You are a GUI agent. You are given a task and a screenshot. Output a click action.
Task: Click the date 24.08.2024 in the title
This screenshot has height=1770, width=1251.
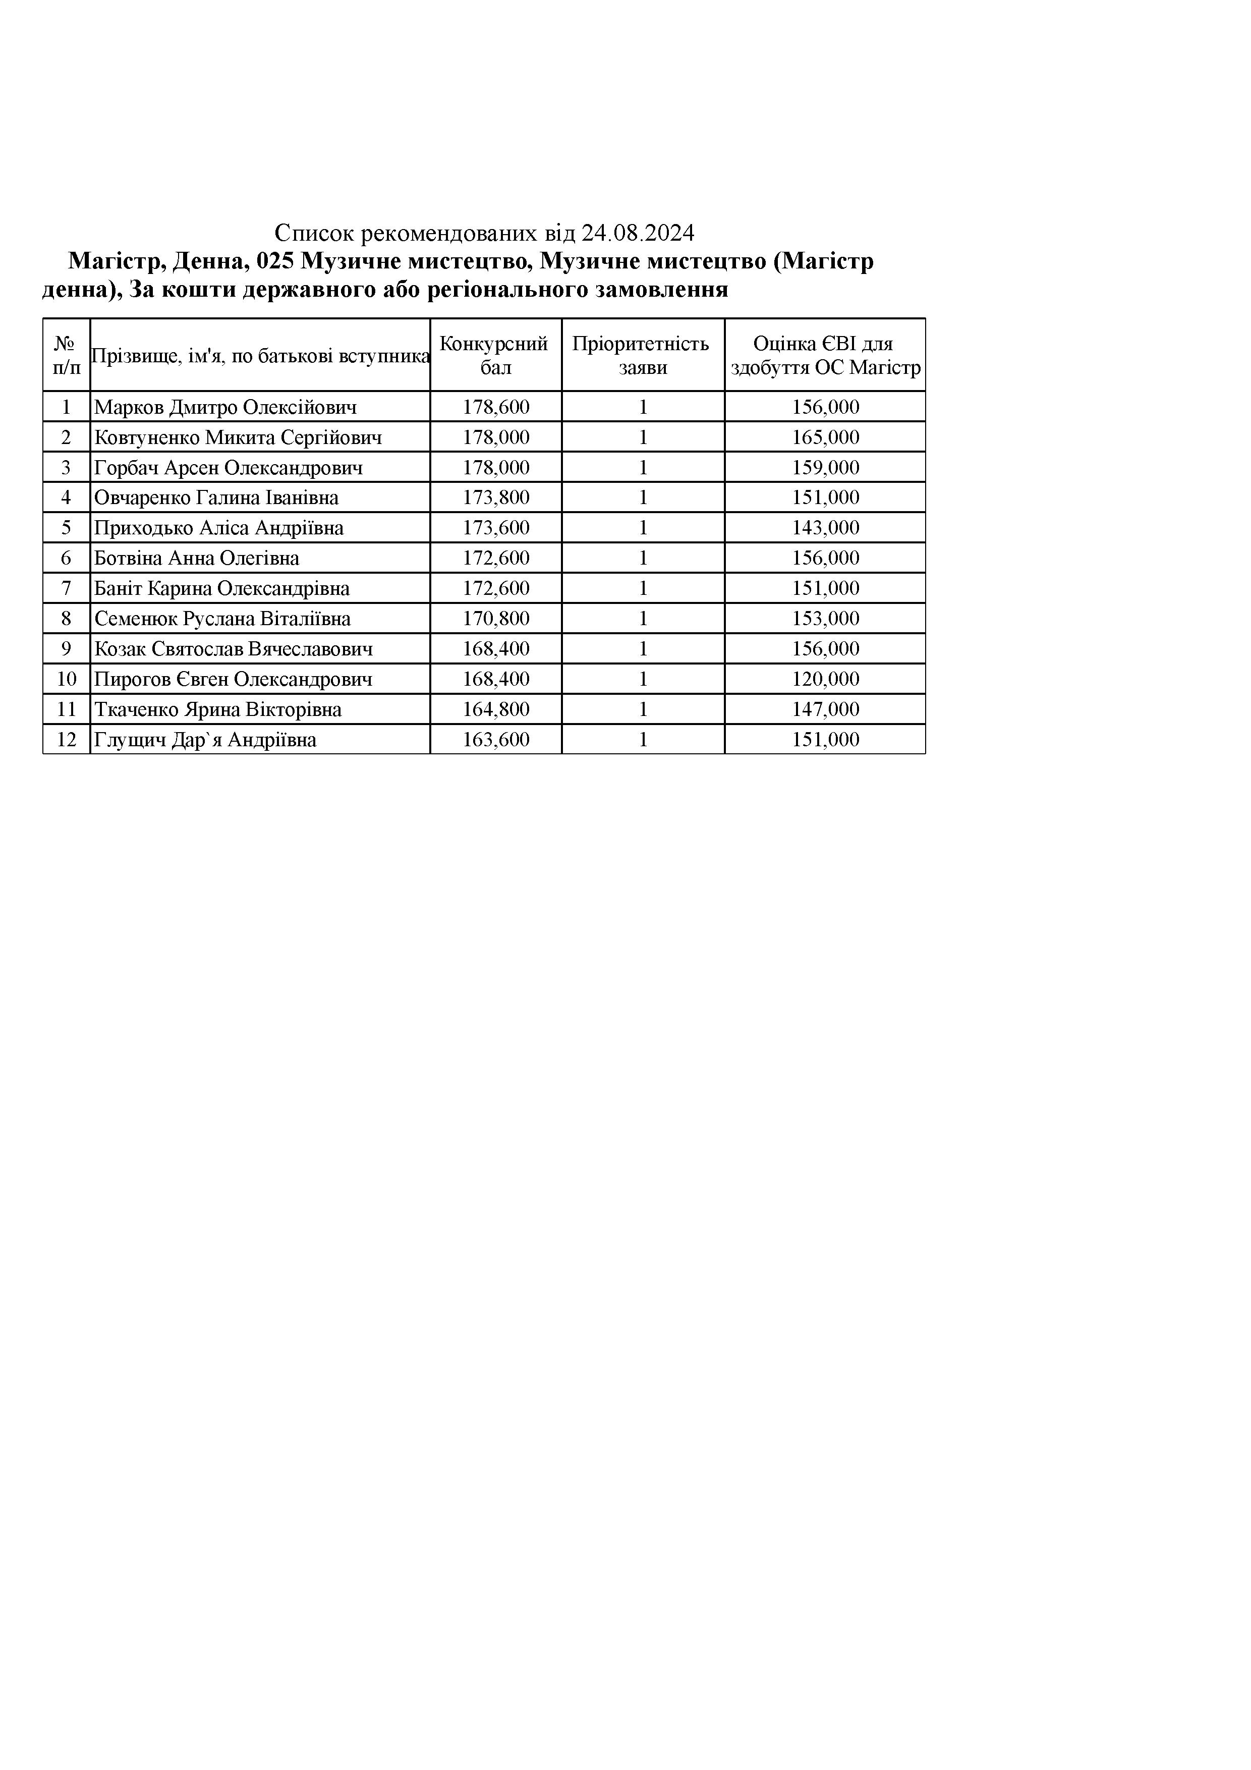638,233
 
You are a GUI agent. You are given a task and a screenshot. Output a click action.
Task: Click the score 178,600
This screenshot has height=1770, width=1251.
496,407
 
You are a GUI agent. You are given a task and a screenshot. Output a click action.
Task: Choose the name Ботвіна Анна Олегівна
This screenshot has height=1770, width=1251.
197,558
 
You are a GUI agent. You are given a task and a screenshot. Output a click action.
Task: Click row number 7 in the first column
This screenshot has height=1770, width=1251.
66,589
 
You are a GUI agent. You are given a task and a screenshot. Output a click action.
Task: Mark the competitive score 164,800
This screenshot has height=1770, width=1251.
496,709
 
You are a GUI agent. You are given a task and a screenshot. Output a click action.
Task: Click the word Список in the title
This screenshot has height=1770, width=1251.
314,233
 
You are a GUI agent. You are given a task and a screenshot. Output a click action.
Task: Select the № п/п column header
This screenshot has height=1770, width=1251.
66,355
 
